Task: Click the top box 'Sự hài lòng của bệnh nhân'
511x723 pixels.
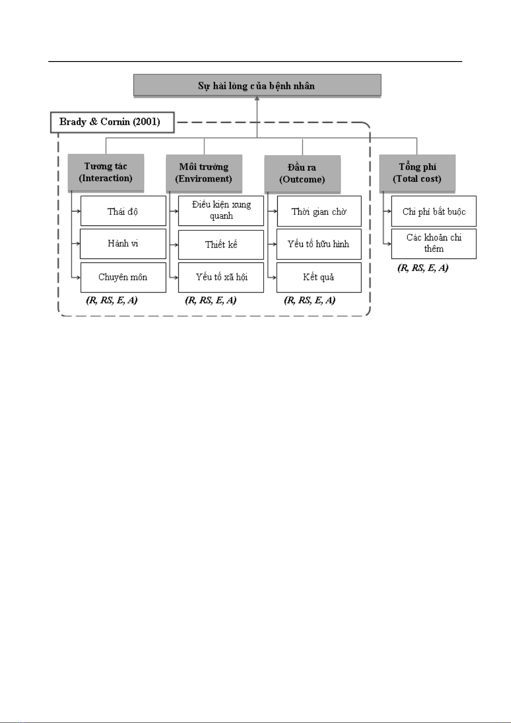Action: coord(257,85)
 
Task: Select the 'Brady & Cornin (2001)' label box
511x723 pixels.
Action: coord(112,122)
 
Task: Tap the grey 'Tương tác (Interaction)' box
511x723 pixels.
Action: coord(106,172)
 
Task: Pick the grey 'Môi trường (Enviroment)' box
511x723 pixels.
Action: coord(204,173)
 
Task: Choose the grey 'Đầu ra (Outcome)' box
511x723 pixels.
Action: coord(303,174)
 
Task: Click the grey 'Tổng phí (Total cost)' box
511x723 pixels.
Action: coord(417,173)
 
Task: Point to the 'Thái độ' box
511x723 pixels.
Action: coord(123,211)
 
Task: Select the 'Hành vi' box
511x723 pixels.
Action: coord(123,243)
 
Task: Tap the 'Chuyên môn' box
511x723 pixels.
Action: coord(123,277)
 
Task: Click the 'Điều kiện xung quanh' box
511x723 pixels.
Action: coord(221,211)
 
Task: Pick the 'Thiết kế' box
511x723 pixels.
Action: coord(221,245)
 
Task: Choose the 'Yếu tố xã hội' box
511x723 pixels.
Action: coord(221,277)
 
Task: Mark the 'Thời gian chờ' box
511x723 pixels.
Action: coord(319,211)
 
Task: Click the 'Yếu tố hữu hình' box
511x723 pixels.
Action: coord(319,244)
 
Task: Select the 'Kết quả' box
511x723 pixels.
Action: coord(319,277)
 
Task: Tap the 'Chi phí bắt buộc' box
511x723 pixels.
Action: coord(434,211)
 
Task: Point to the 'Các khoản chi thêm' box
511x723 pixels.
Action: coord(434,243)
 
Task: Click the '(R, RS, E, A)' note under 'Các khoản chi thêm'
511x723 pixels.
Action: coord(423,268)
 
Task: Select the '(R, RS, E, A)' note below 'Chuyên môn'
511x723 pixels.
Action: coord(112,300)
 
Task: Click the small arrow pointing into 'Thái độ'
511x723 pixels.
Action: coord(76,211)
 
